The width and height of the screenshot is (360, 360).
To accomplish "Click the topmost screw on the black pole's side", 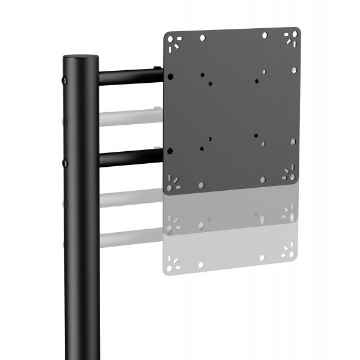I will tap(65, 79).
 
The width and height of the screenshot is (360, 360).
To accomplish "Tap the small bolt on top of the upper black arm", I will tap(157, 68).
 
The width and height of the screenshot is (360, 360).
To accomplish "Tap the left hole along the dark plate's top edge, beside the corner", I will tap(203, 38).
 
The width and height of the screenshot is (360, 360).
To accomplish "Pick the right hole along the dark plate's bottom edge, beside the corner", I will tap(262, 179).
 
